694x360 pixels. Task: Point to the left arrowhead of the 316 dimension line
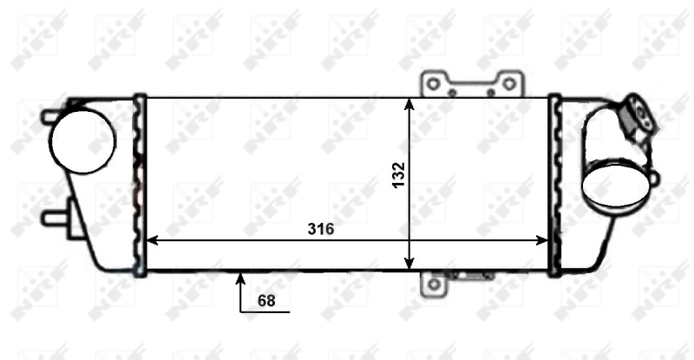click(151, 240)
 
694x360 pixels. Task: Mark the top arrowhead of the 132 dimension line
click(410, 102)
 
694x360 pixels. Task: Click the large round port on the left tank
click(82, 141)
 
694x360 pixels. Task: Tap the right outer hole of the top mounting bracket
click(510, 82)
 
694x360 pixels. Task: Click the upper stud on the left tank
click(50, 114)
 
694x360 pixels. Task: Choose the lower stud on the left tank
click(52, 216)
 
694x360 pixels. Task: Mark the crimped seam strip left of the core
click(138, 184)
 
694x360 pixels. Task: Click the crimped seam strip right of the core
click(556, 184)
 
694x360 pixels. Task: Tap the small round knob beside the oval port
click(653, 179)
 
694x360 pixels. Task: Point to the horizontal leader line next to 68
click(265, 310)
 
